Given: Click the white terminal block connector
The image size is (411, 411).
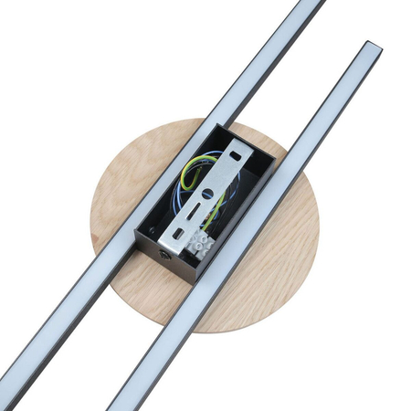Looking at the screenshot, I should [x=201, y=244].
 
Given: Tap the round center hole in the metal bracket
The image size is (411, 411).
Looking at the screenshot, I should [x=207, y=194].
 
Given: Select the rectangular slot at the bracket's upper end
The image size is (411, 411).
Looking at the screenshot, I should [x=235, y=157].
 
